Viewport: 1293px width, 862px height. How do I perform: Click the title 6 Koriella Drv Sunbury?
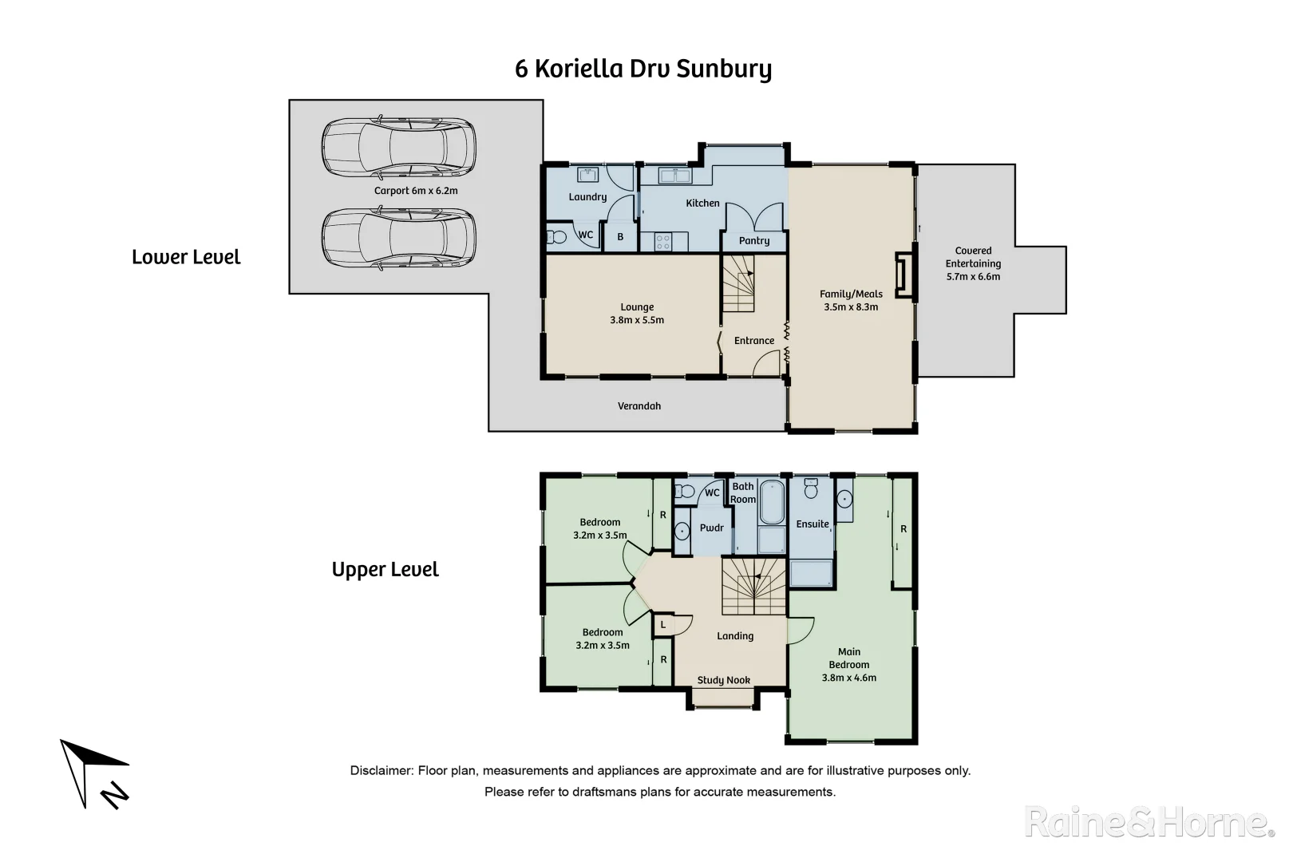point(643,69)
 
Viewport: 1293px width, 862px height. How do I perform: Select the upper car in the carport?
point(398,148)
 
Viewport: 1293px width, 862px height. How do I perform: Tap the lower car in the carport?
point(398,239)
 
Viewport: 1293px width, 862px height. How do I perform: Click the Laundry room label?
point(587,197)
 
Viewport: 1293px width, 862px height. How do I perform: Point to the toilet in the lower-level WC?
point(556,236)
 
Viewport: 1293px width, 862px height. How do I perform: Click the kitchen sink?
point(674,176)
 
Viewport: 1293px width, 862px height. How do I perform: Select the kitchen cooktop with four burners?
point(662,241)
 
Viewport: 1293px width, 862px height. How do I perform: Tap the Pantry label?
point(754,240)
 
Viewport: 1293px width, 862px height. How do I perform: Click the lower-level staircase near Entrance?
point(739,284)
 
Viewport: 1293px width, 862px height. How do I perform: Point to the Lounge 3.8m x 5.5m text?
point(637,313)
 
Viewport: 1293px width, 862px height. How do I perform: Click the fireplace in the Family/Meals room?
point(904,275)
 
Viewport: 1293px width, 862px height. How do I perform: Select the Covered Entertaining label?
point(973,263)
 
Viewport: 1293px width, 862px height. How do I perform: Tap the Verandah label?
point(639,406)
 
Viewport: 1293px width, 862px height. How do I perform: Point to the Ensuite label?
point(812,524)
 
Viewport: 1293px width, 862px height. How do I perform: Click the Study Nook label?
point(723,680)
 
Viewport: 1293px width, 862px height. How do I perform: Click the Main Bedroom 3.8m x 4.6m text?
point(849,664)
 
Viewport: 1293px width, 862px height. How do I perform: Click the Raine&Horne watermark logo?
point(1149,823)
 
